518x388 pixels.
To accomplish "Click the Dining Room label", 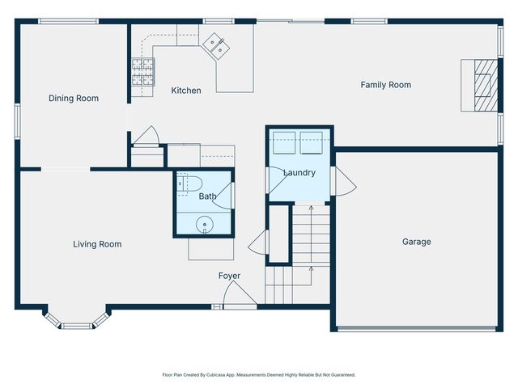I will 74,99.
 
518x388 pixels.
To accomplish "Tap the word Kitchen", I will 186,91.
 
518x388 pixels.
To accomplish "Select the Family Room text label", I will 385,85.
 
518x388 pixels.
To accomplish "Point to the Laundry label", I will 299,173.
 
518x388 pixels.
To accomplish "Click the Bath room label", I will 208,196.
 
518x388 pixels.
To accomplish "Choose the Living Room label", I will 97,244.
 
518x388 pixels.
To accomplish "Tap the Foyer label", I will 229,276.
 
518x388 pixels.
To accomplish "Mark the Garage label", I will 417,242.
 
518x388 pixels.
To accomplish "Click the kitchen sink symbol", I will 216,45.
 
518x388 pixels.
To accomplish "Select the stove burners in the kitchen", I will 142,73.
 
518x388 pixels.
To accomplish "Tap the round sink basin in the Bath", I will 205,224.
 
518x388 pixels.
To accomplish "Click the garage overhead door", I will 417,329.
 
